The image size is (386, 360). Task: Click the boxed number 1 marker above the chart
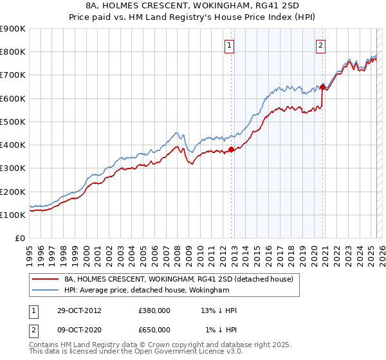pyautogui.click(x=230, y=45)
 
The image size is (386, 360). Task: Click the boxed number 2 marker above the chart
pyautogui.click(x=320, y=45)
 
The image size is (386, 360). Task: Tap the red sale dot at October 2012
pyautogui.click(x=232, y=150)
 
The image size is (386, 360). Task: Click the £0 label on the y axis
pyautogui.click(x=20, y=238)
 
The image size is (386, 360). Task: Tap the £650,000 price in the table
pyautogui.click(x=154, y=329)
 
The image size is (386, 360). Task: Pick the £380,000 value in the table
pyautogui.click(x=154, y=310)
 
